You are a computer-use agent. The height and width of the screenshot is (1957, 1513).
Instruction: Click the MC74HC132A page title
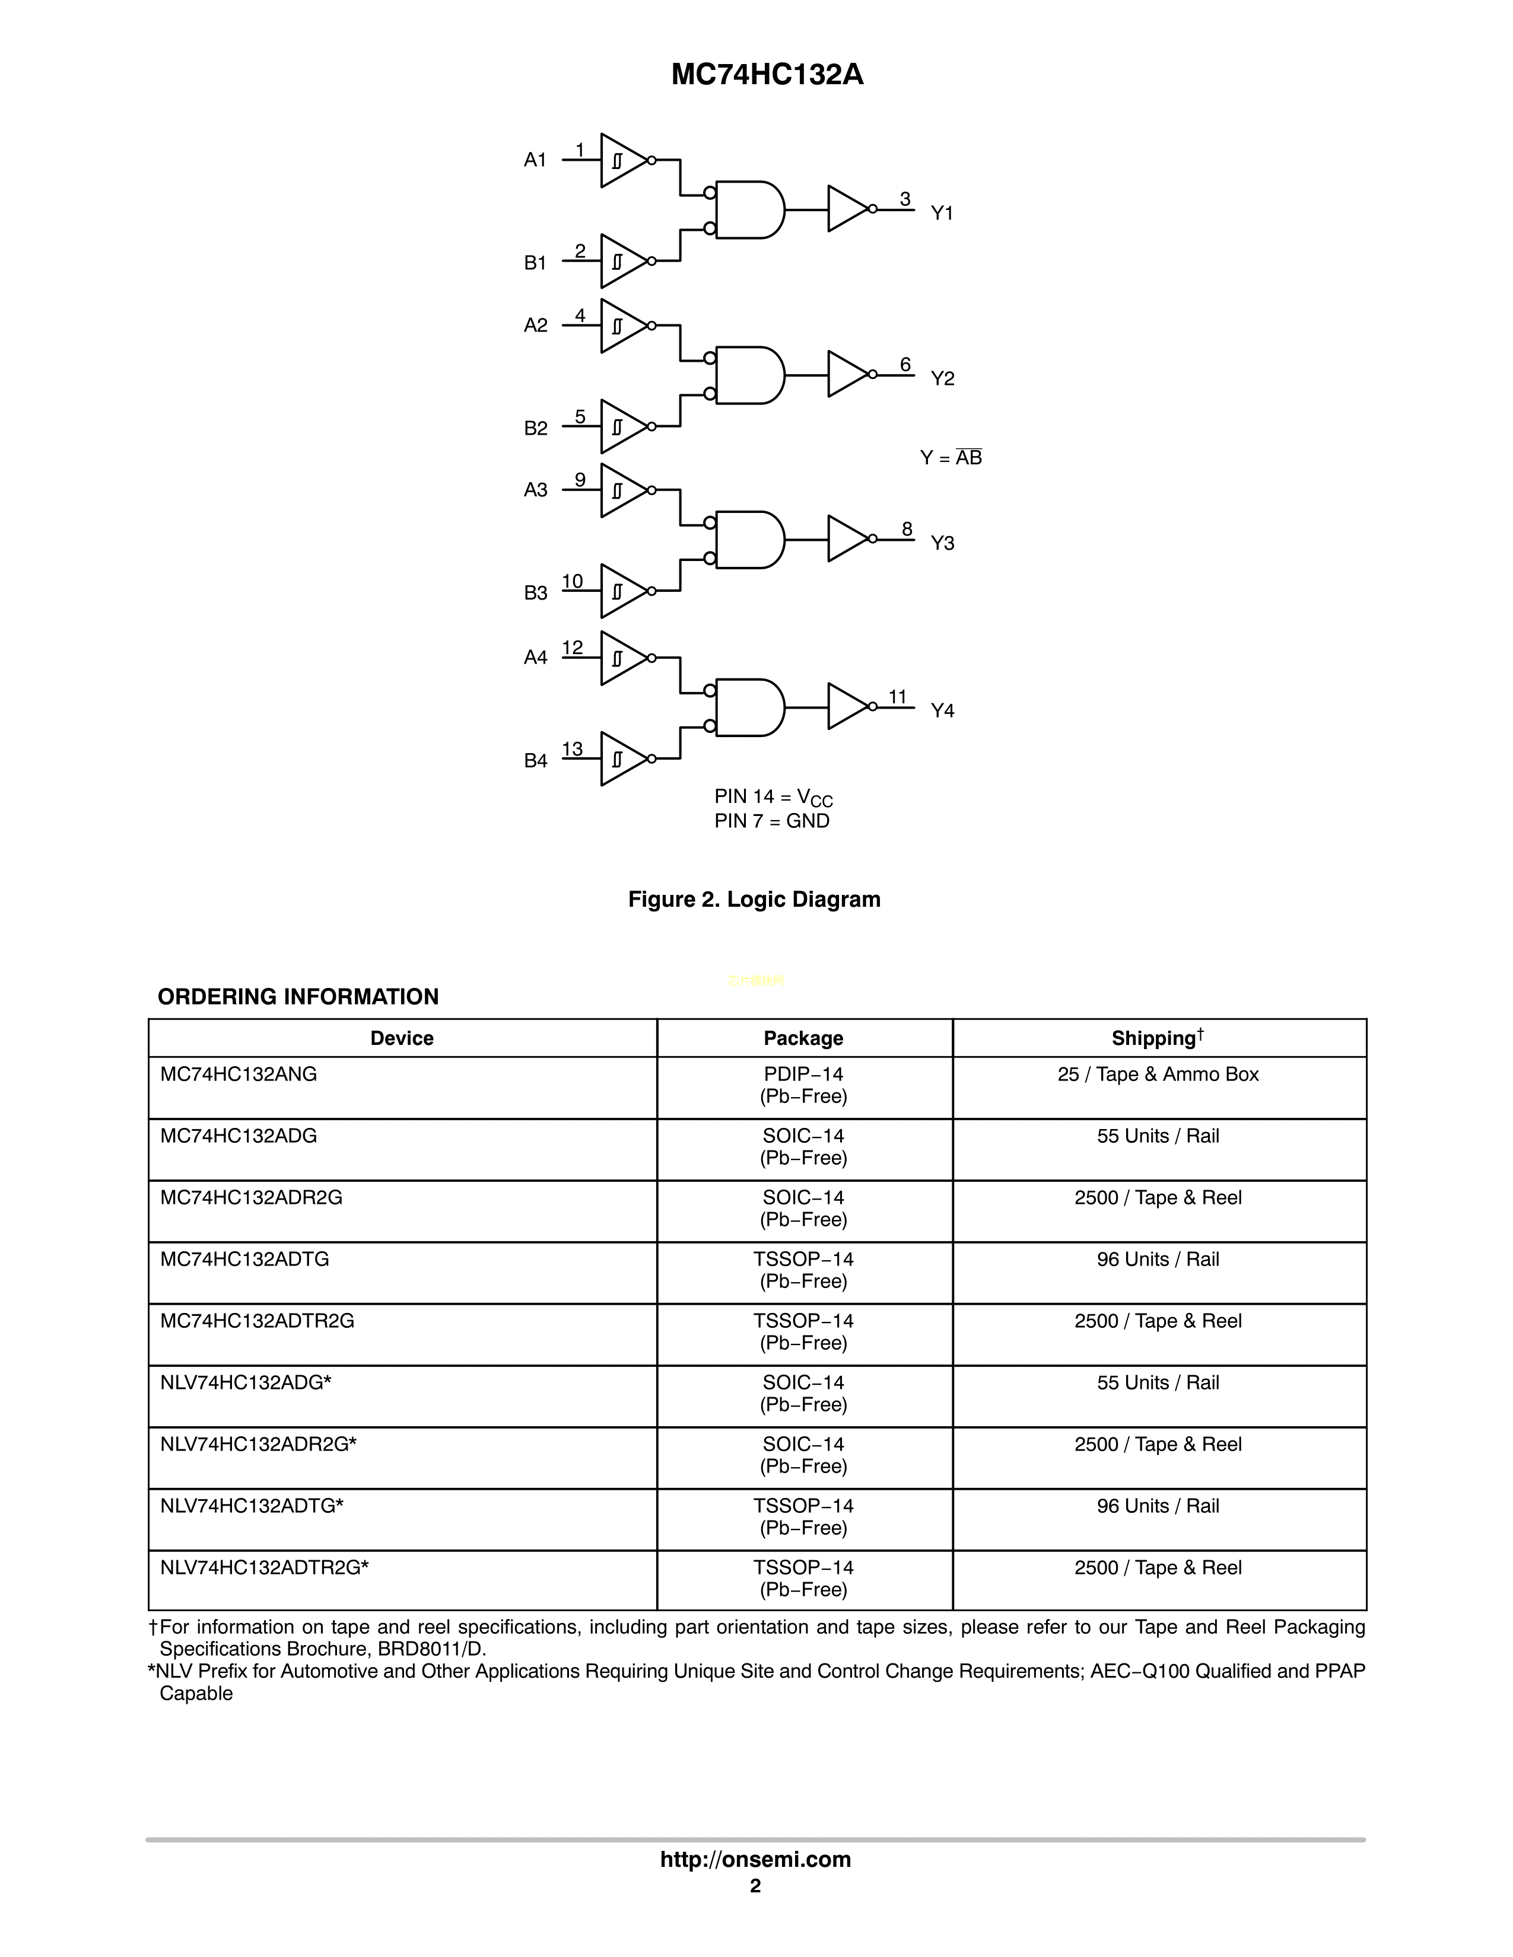767,74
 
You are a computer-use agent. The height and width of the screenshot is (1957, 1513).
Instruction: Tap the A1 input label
535,160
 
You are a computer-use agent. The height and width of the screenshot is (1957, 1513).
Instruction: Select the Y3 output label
942,543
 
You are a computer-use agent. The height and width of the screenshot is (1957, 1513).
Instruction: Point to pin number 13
572,748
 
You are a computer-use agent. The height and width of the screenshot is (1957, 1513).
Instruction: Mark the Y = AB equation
951,458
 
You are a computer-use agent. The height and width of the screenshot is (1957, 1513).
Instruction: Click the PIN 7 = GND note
772,821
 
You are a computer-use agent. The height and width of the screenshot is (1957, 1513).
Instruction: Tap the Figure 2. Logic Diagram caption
754,899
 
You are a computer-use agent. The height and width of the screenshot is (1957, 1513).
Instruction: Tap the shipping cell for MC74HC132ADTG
1158,1259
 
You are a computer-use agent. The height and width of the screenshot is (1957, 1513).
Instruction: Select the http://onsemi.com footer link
755,1859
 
